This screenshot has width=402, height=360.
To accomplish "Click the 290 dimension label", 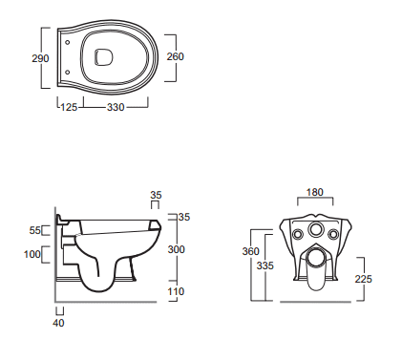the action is click(40, 58).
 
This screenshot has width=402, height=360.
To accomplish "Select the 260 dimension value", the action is click(176, 56).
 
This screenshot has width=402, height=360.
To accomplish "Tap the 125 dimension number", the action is click(69, 107).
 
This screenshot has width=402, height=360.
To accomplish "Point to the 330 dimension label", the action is click(116, 107).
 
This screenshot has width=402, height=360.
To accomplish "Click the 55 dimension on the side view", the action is click(35, 230).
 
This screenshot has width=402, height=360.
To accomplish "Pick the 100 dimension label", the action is click(32, 254).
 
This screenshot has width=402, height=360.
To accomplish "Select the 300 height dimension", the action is click(176, 249).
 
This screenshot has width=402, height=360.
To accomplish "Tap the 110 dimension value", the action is click(176, 291).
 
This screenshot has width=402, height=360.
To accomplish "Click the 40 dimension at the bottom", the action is click(58, 323).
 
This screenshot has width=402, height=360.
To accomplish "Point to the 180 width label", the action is click(315, 192).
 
